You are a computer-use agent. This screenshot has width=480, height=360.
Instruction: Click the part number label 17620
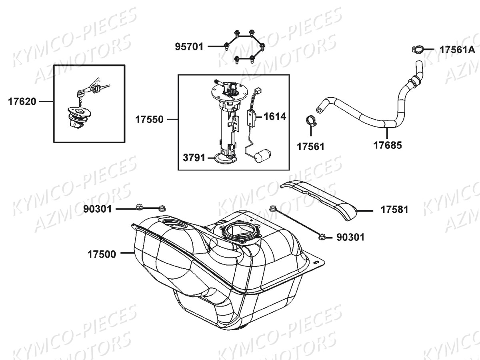pos(22,102)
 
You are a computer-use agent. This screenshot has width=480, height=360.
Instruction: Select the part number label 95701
pos(189,47)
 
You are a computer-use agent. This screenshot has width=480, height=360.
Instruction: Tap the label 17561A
pos(457,50)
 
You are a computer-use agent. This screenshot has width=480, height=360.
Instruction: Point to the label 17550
pos(149,120)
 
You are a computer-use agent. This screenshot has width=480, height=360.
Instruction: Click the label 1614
pos(275,117)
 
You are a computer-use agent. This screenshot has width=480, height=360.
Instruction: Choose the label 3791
pos(194,158)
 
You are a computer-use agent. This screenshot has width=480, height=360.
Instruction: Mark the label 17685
pos(388,145)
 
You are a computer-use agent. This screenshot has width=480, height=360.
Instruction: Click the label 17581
pos(394,210)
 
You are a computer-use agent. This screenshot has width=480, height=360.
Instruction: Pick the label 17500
pos(102,254)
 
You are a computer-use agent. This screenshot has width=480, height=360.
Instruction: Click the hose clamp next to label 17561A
pos(417,50)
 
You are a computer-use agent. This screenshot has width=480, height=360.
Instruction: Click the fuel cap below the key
pos(78,116)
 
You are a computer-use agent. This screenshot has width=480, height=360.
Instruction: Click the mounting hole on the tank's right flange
pos(316,262)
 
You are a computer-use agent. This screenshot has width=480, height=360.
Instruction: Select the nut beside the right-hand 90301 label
pos(321,237)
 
